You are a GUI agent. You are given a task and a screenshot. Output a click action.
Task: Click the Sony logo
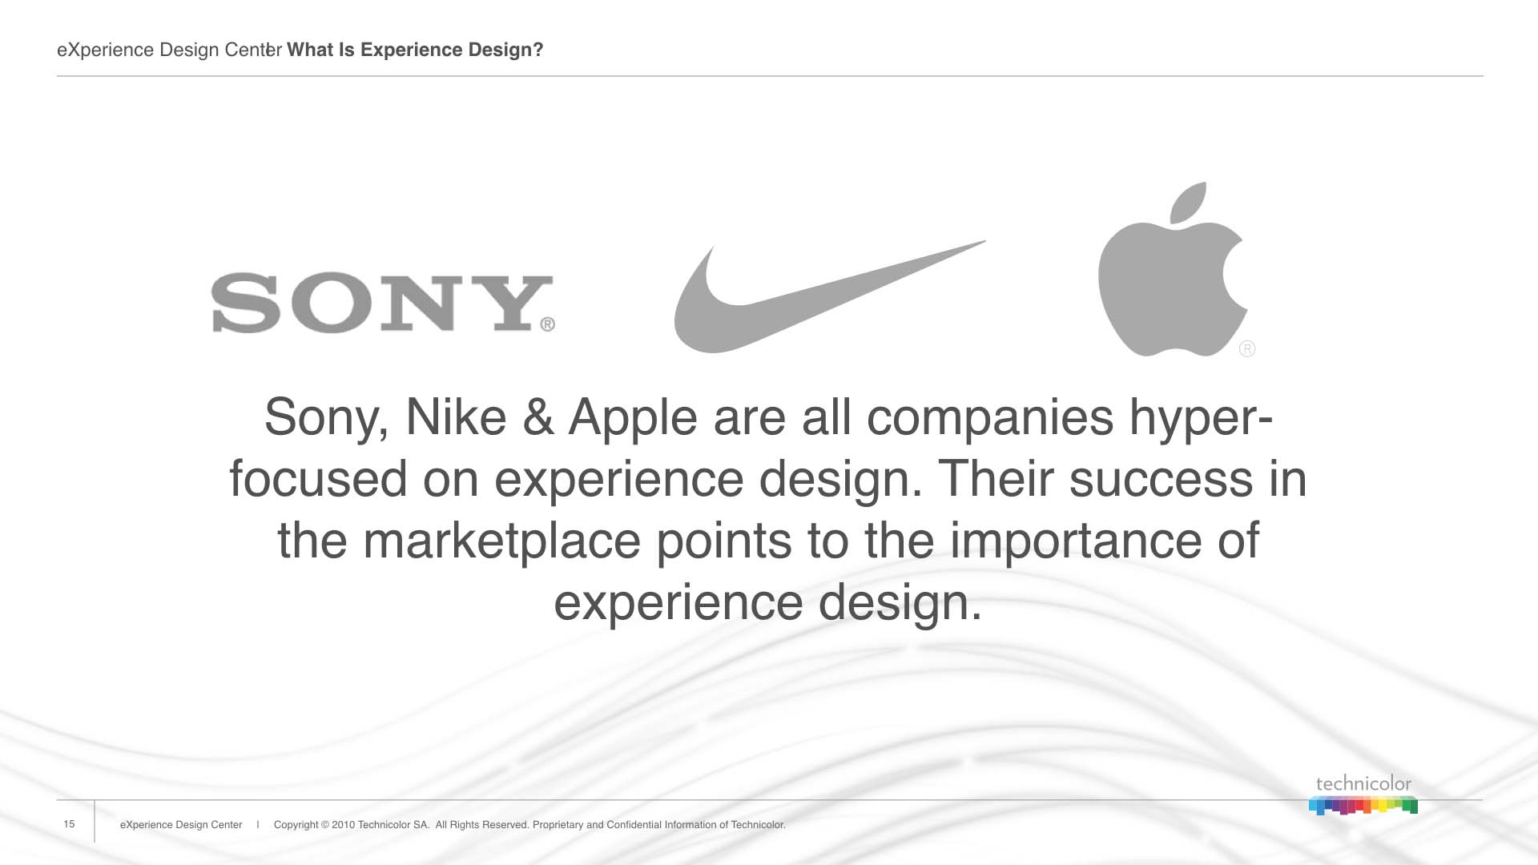coord(382,303)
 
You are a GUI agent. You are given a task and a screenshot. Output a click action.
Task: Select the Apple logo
coord(1172,269)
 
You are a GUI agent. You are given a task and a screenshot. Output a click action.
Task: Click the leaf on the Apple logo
coord(1189,202)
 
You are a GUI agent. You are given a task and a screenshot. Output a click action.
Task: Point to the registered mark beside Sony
coord(547,324)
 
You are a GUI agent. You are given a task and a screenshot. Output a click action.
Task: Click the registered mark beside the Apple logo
coord(1247,348)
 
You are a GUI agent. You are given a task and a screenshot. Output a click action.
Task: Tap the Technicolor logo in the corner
coord(1363,795)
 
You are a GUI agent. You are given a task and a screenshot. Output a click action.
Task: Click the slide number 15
coord(69,824)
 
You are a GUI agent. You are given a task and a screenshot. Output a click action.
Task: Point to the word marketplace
coord(502,541)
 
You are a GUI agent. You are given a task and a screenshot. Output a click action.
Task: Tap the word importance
coord(1077,541)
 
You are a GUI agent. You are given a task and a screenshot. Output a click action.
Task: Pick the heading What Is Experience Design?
coord(415,50)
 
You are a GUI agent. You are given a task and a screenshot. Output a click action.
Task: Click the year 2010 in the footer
coord(343,825)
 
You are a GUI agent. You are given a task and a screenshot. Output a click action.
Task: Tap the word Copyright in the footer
coord(296,825)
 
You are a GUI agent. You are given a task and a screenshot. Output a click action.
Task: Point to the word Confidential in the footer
coord(634,825)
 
